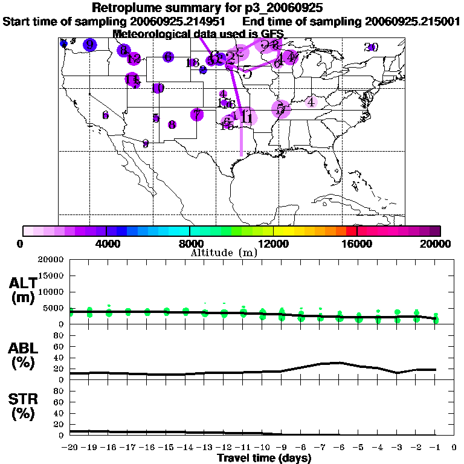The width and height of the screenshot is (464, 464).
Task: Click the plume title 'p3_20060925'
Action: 281,8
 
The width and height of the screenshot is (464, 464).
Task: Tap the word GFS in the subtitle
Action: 272,33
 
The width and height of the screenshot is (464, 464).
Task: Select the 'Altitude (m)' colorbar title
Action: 224,253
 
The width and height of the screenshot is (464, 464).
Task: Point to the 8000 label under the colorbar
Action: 190,243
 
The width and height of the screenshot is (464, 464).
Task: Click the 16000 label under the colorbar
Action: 357,243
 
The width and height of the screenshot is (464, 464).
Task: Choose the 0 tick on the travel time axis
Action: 454,448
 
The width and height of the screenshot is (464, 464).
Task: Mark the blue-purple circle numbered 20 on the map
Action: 372,47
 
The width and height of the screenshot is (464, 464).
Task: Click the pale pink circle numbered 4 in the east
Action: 311,102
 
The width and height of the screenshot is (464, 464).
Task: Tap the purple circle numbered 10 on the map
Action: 158,88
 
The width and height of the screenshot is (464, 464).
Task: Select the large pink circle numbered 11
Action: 246,117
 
